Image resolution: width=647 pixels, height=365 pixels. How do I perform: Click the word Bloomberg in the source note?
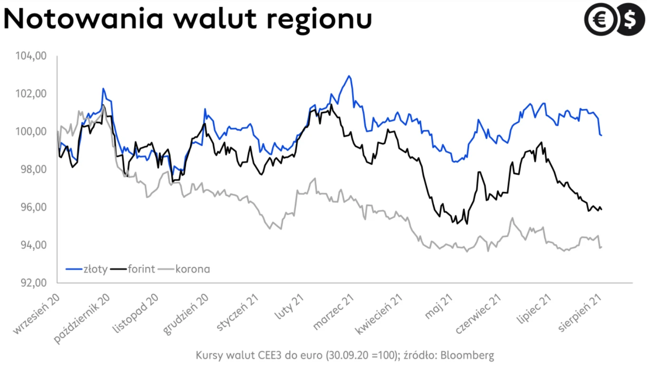click(471, 355)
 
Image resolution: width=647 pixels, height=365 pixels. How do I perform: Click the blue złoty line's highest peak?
click(349, 76)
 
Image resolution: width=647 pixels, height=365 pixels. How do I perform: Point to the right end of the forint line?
click(602, 209)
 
